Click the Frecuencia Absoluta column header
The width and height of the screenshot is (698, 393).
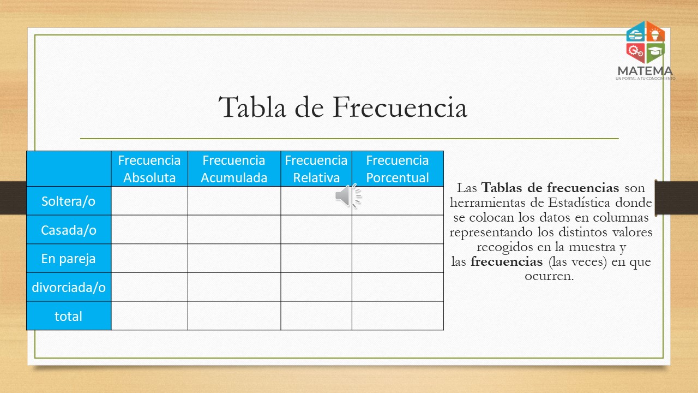coord(149,169)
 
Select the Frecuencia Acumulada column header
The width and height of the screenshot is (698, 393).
coord(234,169)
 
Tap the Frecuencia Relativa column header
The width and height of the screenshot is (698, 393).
coord(316,169)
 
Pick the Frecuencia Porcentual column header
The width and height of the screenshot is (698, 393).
coord(398,169)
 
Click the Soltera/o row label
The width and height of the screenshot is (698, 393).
coord(69,201)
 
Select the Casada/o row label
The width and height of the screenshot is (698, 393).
coord(69,230)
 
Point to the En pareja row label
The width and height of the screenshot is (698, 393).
coord(69,259)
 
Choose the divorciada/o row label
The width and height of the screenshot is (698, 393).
coord(69,287)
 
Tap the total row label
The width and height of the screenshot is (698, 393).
coord(69,316)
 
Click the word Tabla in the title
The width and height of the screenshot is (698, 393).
coord(252,107)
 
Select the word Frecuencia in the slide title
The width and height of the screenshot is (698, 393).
coord(400,107)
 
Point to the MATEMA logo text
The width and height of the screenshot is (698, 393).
coord(645,71)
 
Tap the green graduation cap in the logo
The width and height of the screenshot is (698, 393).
coord(655,52)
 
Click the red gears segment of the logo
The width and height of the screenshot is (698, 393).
coord(636,52)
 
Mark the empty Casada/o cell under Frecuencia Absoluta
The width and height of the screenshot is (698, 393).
coord(149,230)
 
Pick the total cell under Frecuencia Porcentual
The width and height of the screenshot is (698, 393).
coord(398,315)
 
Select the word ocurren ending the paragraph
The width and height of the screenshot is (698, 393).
coord(549,276)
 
